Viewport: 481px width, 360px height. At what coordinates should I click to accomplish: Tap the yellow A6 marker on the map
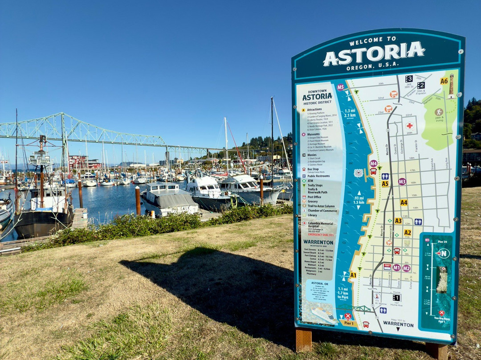click(444, 81)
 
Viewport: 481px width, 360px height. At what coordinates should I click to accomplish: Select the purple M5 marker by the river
click(340, 87)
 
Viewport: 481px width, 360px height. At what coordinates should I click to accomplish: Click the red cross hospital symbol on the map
click(409, 126)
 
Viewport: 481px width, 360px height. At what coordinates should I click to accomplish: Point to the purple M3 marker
click(402, 181)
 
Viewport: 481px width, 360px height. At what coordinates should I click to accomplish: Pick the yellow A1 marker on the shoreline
click(353, 275)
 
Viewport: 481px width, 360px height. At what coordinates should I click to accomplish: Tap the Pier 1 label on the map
click(348, 323)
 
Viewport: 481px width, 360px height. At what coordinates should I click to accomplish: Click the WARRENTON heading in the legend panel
click(318, 242)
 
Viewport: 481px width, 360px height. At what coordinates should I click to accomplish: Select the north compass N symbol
click(443, 253)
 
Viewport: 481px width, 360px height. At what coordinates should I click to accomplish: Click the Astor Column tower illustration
click(451, 86)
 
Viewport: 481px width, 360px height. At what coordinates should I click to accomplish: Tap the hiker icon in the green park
click(439, 112)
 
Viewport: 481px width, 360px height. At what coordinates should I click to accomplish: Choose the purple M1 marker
click(396, 267)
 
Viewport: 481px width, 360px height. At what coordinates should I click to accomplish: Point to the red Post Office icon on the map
click(387, 266)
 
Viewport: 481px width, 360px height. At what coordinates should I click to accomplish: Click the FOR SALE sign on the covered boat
click(179, 209)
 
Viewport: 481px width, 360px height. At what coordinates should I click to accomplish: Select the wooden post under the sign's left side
click(304, 340)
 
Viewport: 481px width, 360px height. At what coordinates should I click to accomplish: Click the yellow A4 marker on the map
click(404, 202)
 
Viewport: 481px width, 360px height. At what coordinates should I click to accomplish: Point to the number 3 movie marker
click(408, 79)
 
